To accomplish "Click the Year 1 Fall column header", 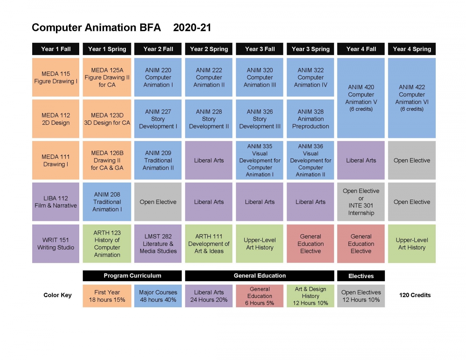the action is pyautogui.click(x=56, y=49).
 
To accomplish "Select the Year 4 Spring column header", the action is pyautogui.click(x=412, y=49).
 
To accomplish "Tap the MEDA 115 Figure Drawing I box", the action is pyautogui.click(x=56, y=77).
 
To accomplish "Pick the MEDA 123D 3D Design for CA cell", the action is pyautogui.click(x=107, y=119).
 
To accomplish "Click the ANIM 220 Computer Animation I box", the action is pyautogui.click(x=158, y=77).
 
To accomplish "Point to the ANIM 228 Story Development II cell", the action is pyautogui.click(x=209, y=119).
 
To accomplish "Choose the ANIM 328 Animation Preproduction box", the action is pyautogui.click(x=310, y=119).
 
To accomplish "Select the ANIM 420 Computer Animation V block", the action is pyautogui.click(x=361, y=98).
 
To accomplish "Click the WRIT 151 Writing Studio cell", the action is pyautogui.click(x=56, y=243).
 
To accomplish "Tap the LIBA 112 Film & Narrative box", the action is pyautogui.click(x=56, y=202).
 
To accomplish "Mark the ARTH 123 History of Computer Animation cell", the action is pyautogui.click(x=107, y=243).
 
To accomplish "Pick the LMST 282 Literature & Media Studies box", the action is pyautogui.click(x=158, y=243).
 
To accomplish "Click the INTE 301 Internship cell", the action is pyautogui.click(x=361, y=202).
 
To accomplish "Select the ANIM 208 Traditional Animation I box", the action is pyautogui.click(x=107, y=202).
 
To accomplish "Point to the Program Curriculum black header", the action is pyautogui.click(x=132, y=276).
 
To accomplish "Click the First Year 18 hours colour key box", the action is pyautogui.click(x=107, y=296).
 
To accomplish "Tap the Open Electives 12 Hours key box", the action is pyautogui.click(x=361, y=296).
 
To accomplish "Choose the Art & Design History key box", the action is pyautogui.click(x=310, y=296).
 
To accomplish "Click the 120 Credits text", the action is pyautogui.click(x=415, y=295).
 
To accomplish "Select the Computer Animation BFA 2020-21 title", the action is pyautogui.click(x=121, y=28).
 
